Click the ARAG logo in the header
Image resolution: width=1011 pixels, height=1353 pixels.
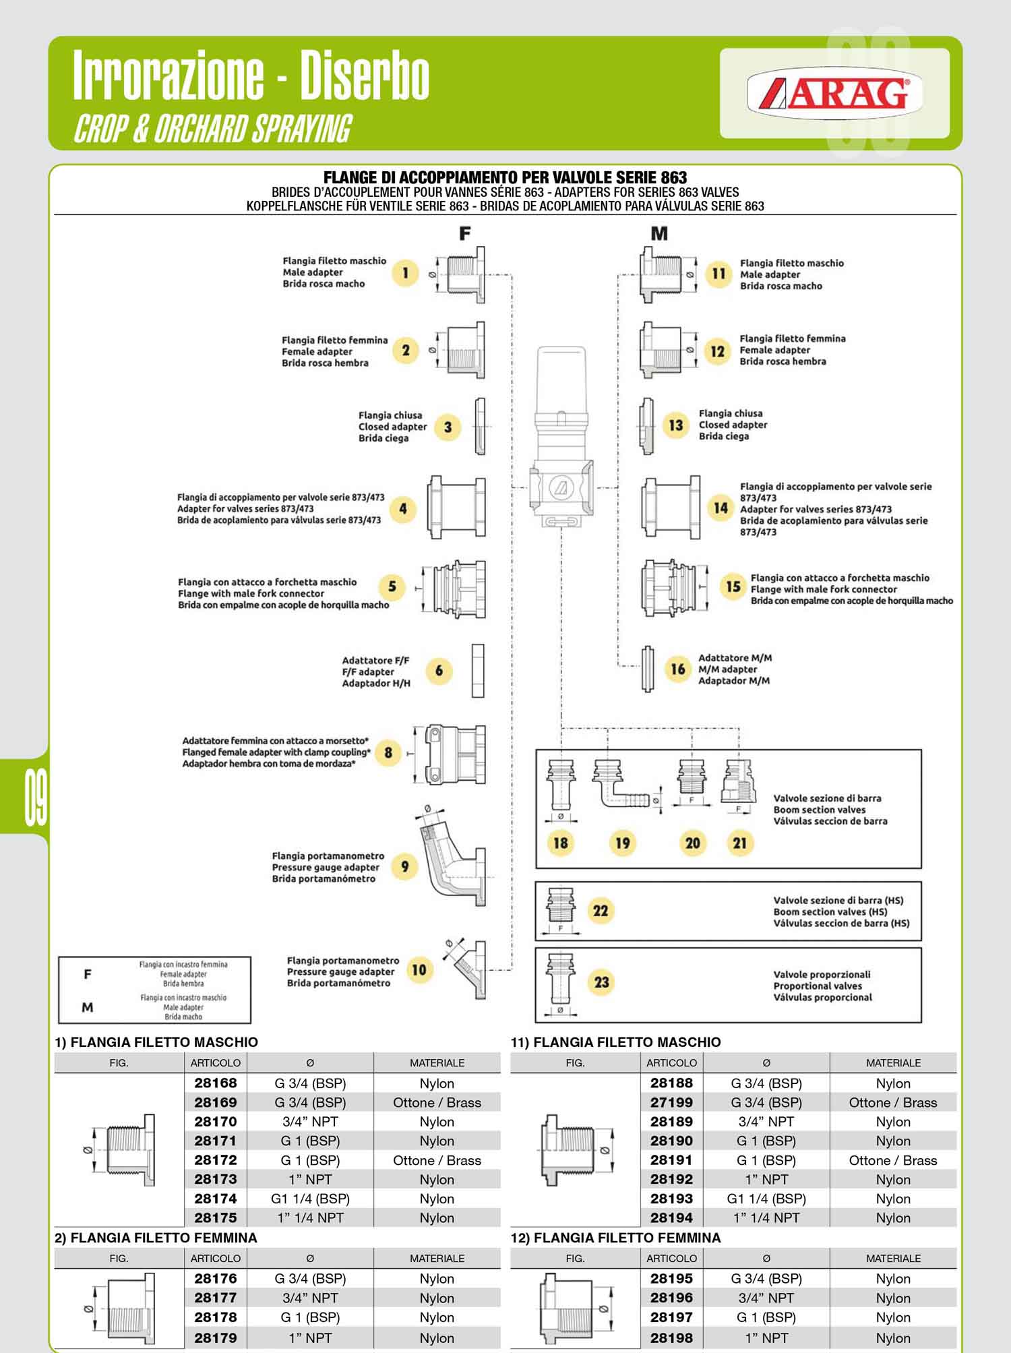click(834, 92)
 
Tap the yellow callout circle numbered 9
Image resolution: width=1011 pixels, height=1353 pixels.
click(404, 866)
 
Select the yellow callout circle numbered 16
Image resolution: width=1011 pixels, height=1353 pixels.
click(678, 669)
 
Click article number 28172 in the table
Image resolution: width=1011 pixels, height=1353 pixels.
click(216, 1160)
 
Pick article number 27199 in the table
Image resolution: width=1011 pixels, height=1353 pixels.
click(671, 1102)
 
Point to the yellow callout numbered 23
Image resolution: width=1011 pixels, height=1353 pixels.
click(601, 982)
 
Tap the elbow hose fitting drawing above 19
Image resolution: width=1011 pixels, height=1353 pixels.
click(619, 785)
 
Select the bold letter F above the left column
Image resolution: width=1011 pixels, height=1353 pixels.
click(465, 233)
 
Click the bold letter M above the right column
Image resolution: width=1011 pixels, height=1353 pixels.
click(659, 233)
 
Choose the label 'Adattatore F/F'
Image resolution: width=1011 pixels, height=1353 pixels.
click(375, 661)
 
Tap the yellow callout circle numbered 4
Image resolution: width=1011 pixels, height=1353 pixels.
click(403, 509)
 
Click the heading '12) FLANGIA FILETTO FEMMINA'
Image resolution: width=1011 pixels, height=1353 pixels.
click(615, 1238)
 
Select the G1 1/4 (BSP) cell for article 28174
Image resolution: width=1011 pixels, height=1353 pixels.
click(310, 1199)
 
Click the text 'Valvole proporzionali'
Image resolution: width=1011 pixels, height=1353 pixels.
click(822, 974)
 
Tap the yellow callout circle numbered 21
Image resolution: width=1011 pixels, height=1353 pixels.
click(740, 843)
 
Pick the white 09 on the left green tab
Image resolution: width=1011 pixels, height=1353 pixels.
click(36, 800)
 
